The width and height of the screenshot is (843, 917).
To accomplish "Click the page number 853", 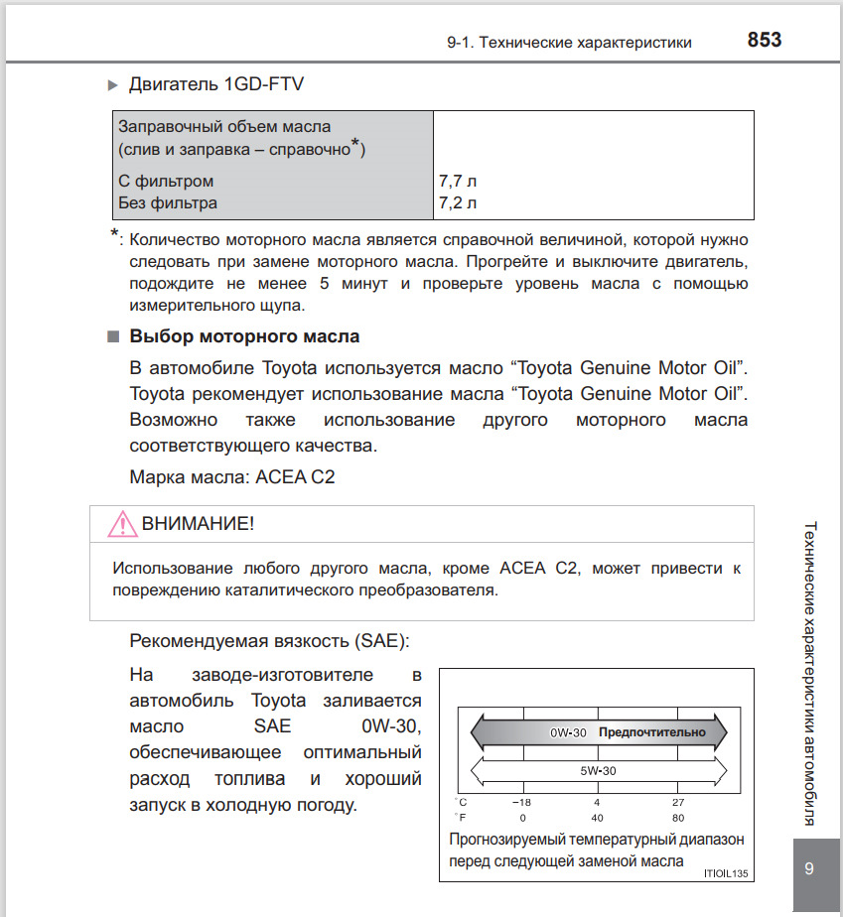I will click(764, 41).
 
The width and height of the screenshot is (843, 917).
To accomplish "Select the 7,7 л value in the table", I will click(458, 182).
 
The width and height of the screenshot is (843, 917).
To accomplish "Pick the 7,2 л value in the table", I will click(458, 203).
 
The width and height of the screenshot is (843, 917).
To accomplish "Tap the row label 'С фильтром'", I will click(166, 182).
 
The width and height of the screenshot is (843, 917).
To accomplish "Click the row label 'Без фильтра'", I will click(168, 203).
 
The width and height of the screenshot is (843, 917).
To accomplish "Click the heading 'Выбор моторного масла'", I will click(244, 336).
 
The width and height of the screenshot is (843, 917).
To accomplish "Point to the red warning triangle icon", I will click(122, 523).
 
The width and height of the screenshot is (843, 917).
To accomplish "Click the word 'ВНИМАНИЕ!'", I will click(199, 523).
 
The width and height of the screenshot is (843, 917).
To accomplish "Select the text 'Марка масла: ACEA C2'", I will click(232, 476).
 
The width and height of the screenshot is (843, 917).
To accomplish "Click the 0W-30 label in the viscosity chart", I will click(569, 732).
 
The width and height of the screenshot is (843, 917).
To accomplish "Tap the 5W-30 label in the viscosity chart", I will click(599, 769).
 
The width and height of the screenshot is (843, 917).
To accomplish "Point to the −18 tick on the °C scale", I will click(521, 802).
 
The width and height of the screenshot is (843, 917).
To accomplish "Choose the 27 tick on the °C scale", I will click(678, 802).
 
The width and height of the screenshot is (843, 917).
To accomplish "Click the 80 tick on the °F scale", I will click(678, 817).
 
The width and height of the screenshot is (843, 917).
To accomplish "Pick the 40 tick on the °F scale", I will click(598, 817).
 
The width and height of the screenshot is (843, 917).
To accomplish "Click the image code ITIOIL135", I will click(724, 873).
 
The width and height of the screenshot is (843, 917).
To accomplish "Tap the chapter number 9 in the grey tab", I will click(809, 869).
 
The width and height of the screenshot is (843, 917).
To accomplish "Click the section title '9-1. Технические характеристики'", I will click(569, 42).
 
